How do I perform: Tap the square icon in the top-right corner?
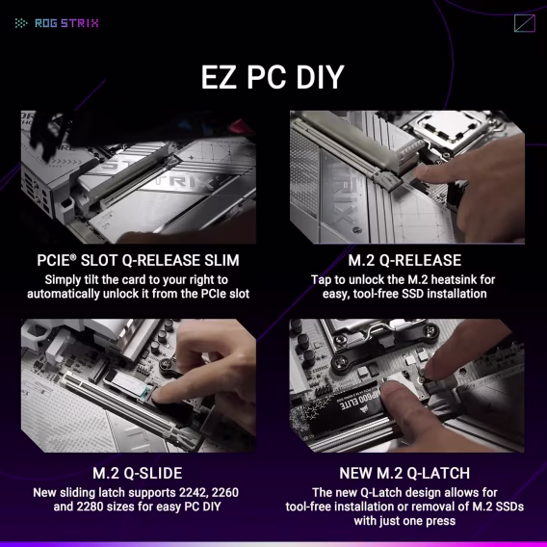[525, 24]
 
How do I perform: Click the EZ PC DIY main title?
[273, 77]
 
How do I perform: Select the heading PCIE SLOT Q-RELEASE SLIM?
[138, 260]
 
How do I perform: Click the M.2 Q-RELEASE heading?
[404, 260]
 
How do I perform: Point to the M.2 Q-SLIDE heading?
[138, 473]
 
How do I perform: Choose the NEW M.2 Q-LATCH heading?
[404, 473]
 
